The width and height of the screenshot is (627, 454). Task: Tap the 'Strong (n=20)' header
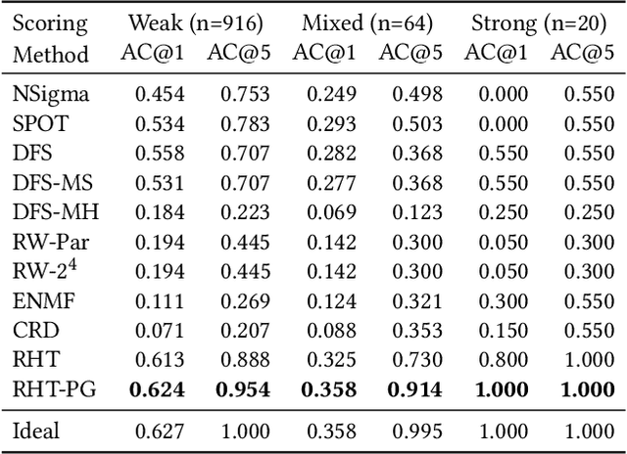point(538,23)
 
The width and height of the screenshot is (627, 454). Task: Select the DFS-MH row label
point(56,211)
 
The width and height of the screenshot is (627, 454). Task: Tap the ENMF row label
point(41,299)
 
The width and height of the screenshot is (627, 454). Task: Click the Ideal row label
point(36,430)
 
